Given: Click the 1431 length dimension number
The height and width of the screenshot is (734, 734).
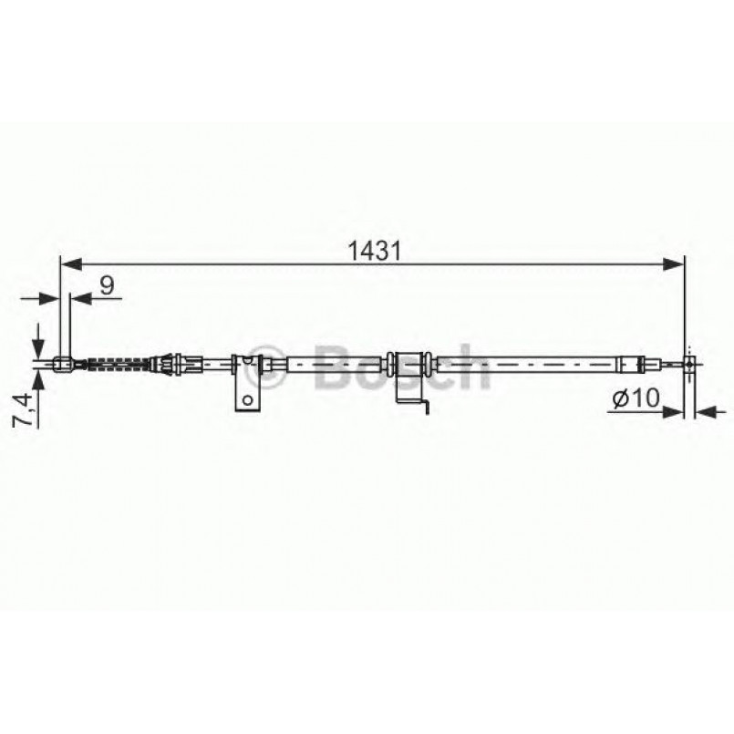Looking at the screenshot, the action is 374,252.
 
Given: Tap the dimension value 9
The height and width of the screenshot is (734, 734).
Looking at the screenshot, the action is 108,285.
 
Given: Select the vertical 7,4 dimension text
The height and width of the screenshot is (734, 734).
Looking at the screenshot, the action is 22,409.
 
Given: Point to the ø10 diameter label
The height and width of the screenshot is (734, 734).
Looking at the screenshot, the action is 636,398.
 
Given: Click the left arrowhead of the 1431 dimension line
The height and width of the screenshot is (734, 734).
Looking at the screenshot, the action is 71,264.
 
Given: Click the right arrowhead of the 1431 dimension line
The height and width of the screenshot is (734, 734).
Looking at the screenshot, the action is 674,264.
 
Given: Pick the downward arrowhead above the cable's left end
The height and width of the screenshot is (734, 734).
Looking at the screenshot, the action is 38,348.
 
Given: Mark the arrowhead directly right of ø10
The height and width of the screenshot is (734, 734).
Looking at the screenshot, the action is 674,412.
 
